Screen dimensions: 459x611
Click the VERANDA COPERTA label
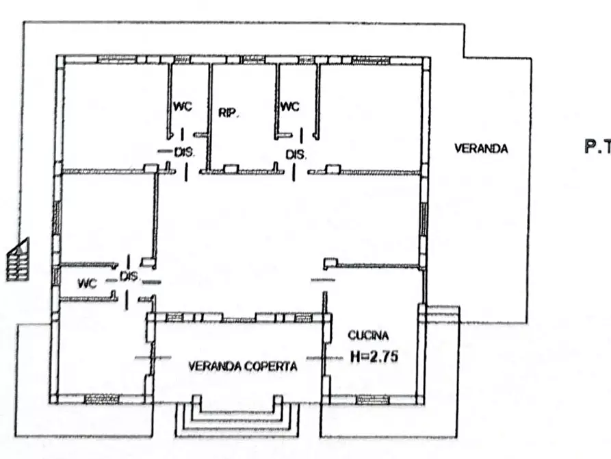[x=243, y=367]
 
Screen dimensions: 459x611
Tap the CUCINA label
[x=369, y=336]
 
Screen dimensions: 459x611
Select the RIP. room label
[x=228, y=113]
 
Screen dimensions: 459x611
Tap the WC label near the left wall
[x=88, y=282]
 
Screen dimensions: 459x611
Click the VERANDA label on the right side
[x=482, y=148]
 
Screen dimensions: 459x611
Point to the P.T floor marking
[x=597, y=146]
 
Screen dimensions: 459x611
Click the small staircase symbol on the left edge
[x=17, y=258]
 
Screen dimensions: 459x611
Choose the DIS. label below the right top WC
[x=296, y=155]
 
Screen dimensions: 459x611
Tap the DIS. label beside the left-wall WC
[x=129, y=277]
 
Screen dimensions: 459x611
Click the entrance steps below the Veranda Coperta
[x=237, y=417]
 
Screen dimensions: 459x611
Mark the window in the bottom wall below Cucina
[x=372, y=399]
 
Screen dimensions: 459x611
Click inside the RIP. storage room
[x=243, y=137]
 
